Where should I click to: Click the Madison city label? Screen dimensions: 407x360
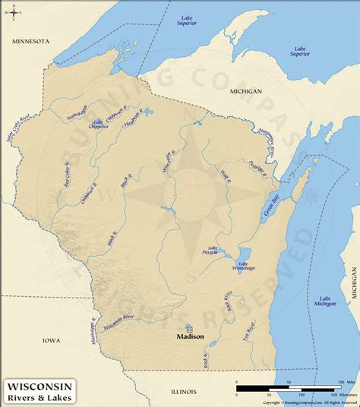click(x=191, y=334)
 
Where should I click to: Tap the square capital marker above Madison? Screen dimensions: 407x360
click(x=189, y=326)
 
